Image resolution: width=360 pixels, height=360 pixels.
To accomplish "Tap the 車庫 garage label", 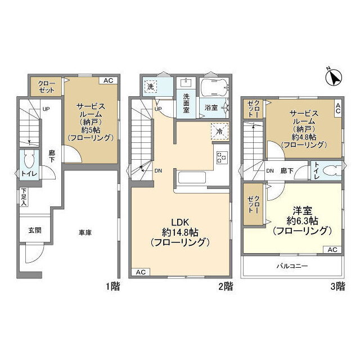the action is tap(85, 233).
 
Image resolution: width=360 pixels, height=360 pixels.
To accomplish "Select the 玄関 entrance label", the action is tap(35, 230).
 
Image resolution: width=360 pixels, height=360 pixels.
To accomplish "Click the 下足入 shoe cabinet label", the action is tap(24, 197).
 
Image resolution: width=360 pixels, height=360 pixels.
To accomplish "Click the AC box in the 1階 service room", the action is tap(109, 80).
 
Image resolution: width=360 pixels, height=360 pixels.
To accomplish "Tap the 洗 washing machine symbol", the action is tap(151, 87).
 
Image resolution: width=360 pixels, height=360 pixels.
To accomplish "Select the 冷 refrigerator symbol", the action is tap(220, 132).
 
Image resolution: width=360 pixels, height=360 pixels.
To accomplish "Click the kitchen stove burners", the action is tap(222, 157).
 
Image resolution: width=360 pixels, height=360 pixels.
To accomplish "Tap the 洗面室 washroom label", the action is tap(186, 103).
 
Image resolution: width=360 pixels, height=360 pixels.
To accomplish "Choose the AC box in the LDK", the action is tap(141, 272).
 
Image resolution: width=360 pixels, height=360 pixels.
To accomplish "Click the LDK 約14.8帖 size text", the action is tap(180, 232).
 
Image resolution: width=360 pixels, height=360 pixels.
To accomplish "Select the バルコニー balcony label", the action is tap(292, 266).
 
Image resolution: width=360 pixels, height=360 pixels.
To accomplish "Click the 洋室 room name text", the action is tap(302, 210).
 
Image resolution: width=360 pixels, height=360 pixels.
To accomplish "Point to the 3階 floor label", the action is tap(337, 286).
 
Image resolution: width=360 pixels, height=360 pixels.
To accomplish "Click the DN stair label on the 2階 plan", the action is tap(158, 171).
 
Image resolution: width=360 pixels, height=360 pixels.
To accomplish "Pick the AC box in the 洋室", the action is tap(332, 250).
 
